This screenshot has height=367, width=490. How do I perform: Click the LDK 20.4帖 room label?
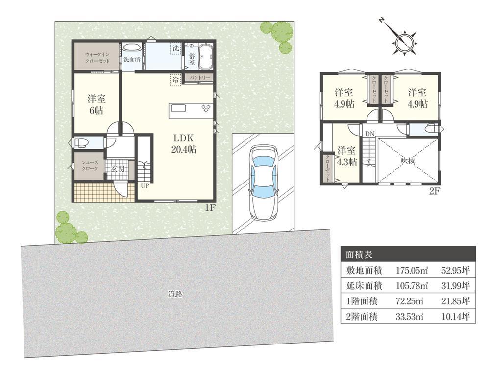click(x=184, y=143)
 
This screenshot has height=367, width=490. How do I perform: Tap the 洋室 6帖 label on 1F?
click(x=96, y=105)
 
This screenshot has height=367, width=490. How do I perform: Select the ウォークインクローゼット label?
click(x=98, y=58)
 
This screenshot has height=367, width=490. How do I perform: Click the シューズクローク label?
click(x=90, y=165)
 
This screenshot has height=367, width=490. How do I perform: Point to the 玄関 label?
click(x=118, y=169)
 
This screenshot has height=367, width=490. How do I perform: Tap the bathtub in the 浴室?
click(x=205, y=57)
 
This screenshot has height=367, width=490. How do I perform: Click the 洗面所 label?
click(x=131, y=60)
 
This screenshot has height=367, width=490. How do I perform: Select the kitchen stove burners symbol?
click(x=206, y=107)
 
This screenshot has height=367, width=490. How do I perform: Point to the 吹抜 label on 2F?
click(x=408, y=161)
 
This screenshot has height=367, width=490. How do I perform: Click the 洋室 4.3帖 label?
click(x=346, y=156)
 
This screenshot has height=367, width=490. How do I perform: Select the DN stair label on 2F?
click(x=369, y=134)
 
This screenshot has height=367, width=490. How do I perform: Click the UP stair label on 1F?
click(x=145, y=186)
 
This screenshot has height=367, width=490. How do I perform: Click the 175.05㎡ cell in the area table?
click(x=412, y=270)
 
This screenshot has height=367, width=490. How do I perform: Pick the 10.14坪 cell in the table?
click(x=456, y=317)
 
